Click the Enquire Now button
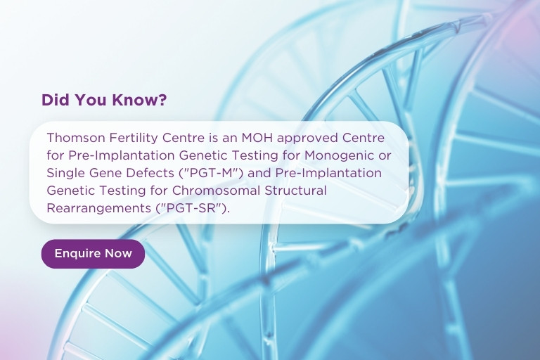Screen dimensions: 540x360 click(x=93, y=254)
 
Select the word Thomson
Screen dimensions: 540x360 click(x=76, y=138)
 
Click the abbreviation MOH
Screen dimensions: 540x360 click(x=257, y=138)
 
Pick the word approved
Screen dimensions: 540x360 click(x=307, y=139)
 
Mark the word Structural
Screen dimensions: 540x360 click(x=295, y=191)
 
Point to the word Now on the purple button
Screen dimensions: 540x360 click(x=118, y=254)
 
